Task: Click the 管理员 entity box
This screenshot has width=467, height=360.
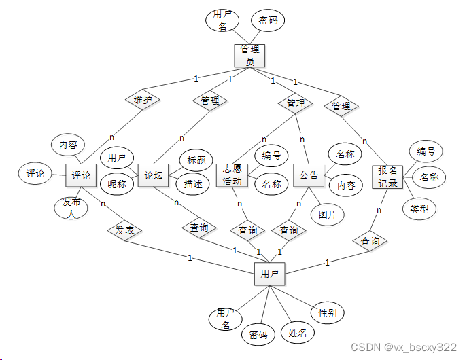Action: pyautogui.click(x=249, y=55)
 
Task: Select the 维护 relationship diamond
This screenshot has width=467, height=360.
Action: pyautogui.click(x=143, y=100)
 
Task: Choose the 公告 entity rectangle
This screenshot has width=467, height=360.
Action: pyautogui.click(x=309, y=175)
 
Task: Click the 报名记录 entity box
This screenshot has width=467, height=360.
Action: pyautogui.click(x=388, y=177)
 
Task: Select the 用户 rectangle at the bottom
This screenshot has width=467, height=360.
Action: pyautogui.click(x=269, y=274)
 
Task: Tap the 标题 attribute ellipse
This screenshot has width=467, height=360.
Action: pyautogui.click(x=196, y=160)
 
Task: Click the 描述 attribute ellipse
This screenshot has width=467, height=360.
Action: pyautogui.click(x=194, y=183)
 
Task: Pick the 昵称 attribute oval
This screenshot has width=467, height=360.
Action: pyautogui.click(x=117, y=183)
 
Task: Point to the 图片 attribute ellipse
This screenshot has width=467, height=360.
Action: pyautogui.click(x=328, y=214)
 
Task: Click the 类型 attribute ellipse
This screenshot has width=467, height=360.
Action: pyautogui.click(x=419, y=209)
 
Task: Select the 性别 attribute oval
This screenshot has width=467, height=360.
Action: pyautogui.click(x=328, y=312)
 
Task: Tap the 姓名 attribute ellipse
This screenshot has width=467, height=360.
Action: pyautogui.click(x=298, y=333)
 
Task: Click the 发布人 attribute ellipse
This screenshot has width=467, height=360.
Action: pyautogui.click(x=71, y=207)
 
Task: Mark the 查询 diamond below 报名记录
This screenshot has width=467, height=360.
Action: pyautogui.click(x=370, y=240)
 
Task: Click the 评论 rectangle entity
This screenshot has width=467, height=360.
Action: pyautogui.click(x=81, y=175)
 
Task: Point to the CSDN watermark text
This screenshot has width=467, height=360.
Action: pyautogui.click(x=404, y=347)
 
